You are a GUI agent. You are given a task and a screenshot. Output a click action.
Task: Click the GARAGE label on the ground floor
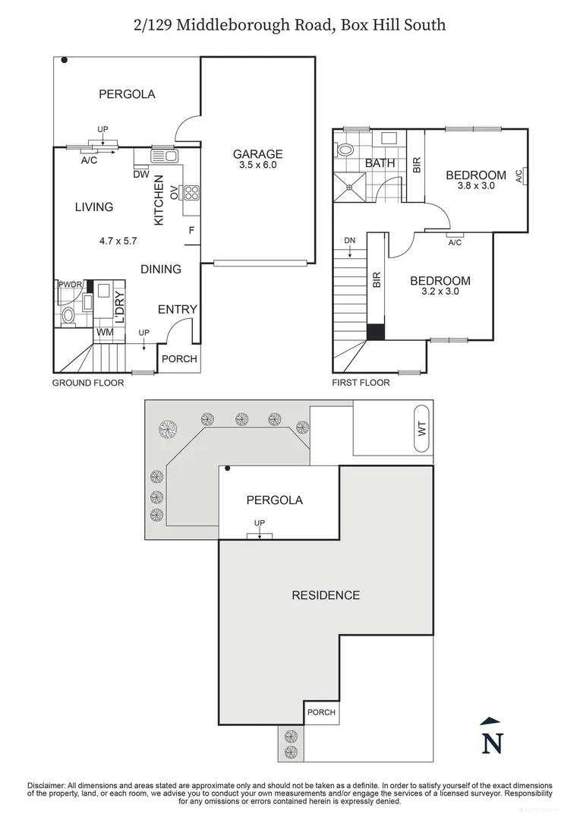click(257, 153)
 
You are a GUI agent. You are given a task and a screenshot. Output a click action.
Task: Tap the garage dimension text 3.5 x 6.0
click(257, 165)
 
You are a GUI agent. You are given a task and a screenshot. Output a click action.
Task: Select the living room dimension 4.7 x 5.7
click(117, 241)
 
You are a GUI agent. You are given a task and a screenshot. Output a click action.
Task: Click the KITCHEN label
click(159, 200)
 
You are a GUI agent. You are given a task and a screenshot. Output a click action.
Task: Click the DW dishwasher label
click(140, 175)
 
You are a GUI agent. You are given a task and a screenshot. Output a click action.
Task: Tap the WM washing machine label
click(104, 332)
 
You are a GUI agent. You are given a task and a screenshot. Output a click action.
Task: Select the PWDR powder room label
click(70, 285)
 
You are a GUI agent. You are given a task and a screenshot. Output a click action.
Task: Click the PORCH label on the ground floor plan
click(180, 358)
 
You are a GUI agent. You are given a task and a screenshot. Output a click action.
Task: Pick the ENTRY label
click(177, 309)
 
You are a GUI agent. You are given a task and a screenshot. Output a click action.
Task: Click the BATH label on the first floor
click(379, 163)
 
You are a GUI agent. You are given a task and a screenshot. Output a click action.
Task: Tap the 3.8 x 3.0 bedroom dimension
click(475, 185)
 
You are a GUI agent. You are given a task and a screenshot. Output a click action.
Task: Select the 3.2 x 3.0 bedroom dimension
click(440, 290)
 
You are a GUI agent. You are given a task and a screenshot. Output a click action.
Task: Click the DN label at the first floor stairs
click(349, 241)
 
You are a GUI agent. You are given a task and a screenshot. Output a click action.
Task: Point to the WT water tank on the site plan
click(421, 429)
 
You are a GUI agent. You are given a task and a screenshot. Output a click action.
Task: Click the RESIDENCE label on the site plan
click(326, 595)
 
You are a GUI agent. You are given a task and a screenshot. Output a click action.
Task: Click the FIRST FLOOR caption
click(361, 383)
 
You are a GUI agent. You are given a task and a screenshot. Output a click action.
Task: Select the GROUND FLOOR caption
click(87, 383)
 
